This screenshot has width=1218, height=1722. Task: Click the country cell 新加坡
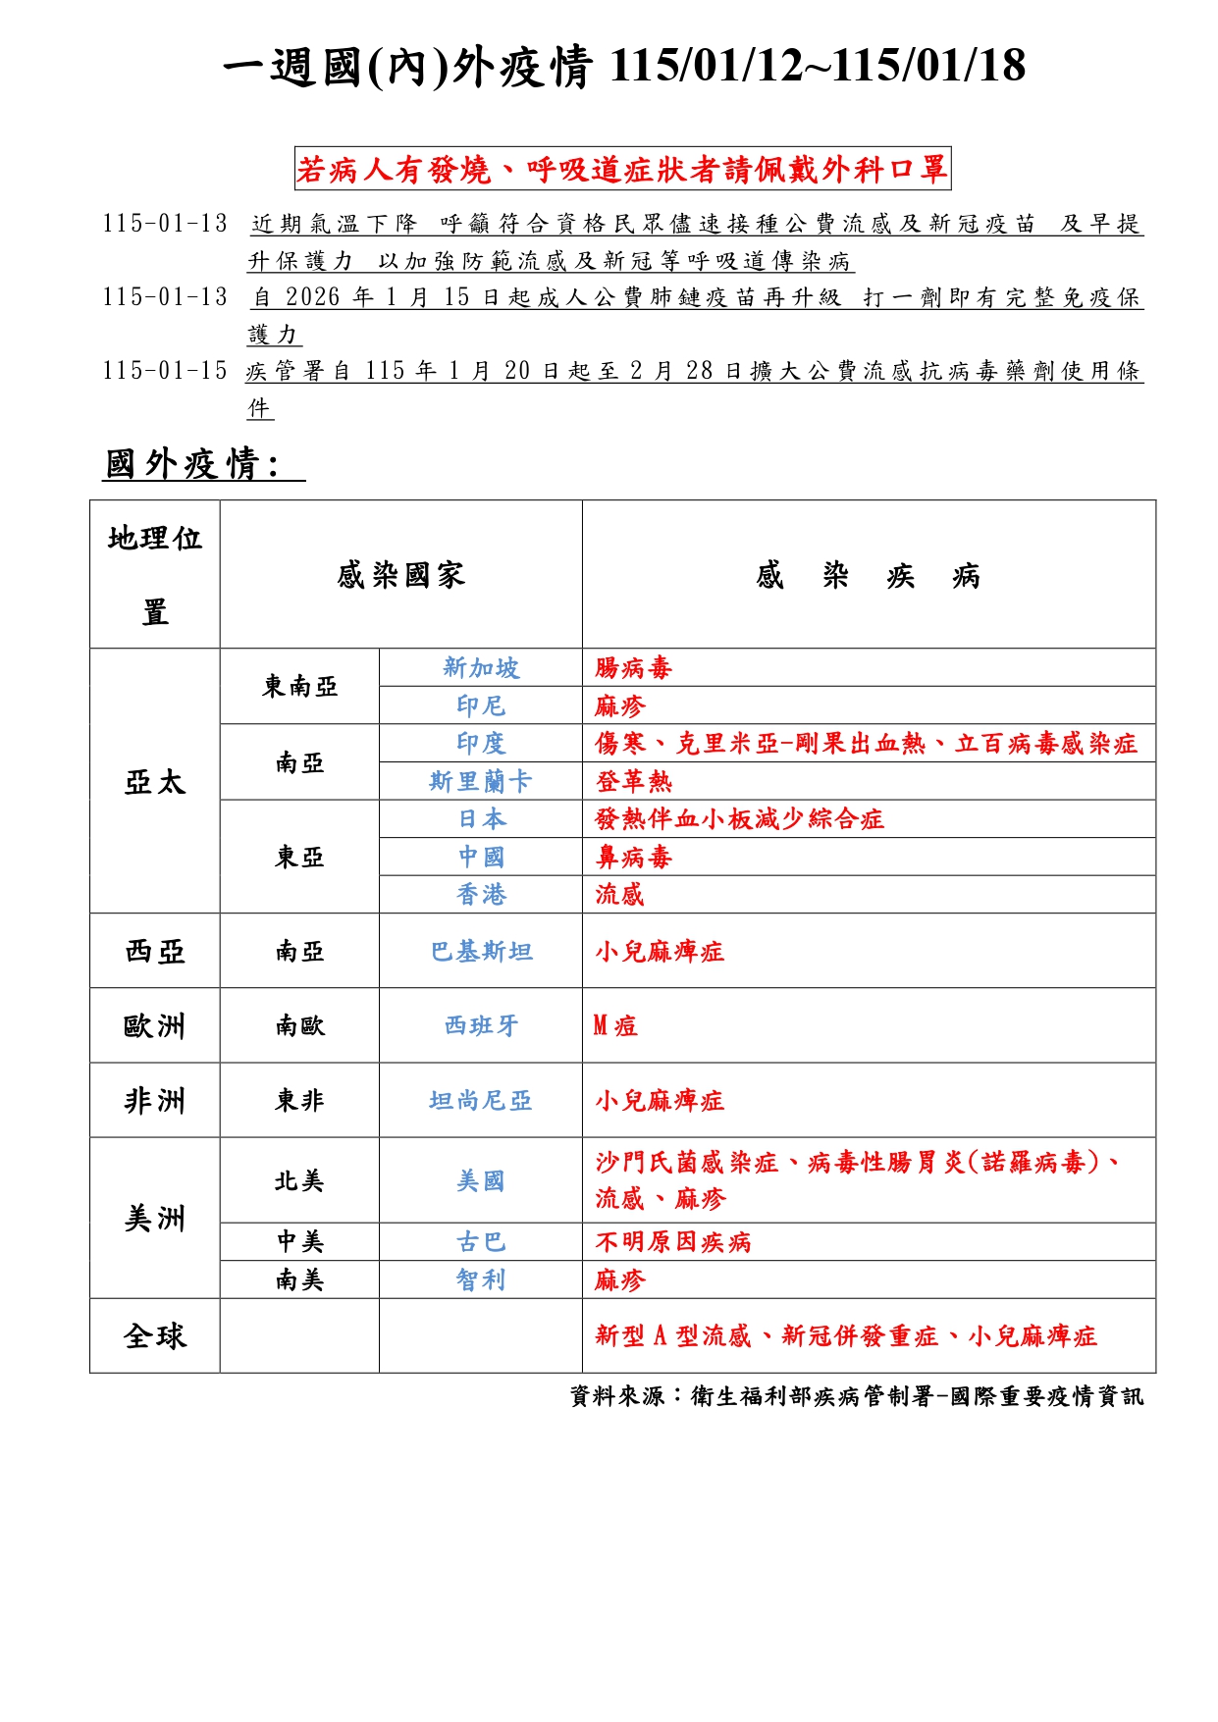coord(481,668)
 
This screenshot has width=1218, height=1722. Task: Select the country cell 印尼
coord(481,705)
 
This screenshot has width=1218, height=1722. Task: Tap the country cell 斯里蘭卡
coord(481,781)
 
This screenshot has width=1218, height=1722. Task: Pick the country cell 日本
coord(481,818)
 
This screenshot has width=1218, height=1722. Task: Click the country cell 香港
coord(481,894)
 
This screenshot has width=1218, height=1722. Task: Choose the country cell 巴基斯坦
coord(481,951)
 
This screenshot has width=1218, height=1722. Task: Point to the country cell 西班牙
coord(481,1025)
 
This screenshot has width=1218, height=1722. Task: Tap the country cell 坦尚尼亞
coord(481,1100)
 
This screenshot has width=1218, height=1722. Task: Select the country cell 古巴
coord(481,1242)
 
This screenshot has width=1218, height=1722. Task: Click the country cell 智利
coord(481,1279)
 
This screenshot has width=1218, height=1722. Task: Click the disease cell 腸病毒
coord(633,668)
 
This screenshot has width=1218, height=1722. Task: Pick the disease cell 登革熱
coord(633,781)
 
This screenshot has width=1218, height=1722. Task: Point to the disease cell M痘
coord(615,1025)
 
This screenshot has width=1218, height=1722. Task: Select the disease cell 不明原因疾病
coord(672,1242)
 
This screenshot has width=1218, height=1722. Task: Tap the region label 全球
coord(154,1335)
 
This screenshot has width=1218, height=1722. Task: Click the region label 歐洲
coord(154,1025)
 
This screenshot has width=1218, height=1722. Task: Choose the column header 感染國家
coord(400,575)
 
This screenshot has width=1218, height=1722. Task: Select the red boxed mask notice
coord(622,170)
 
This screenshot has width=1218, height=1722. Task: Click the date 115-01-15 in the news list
coord(164,371)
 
